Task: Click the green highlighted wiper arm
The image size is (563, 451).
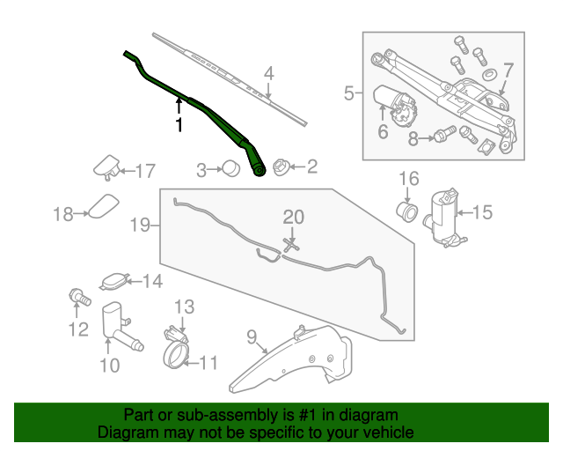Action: [211, 118]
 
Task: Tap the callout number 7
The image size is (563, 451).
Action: [508, 69]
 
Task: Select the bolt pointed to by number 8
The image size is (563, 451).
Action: [443, 136]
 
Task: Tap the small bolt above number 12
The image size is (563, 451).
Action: [77, 298]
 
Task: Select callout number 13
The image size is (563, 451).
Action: [182, 307]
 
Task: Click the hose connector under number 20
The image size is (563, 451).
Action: [291, 242]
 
